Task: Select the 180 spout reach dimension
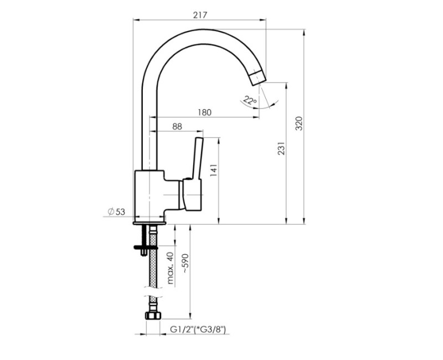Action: (x=204, y=112)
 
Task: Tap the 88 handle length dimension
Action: (x=177, y=126)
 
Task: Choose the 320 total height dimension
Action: (x=299, y=124)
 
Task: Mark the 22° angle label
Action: (x=250, y=101)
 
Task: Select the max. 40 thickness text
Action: (x=171, y=268)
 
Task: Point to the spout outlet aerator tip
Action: (x=257, y=78)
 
